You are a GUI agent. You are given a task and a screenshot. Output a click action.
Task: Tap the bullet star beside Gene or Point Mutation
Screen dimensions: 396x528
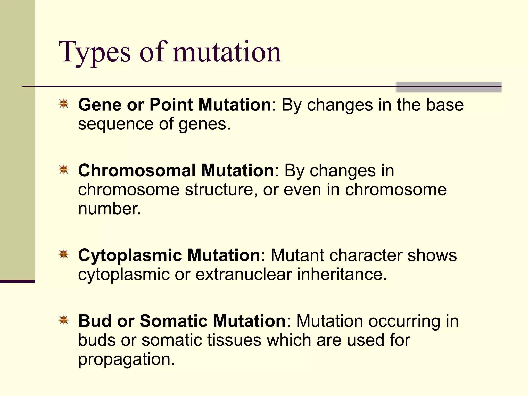point(63,104)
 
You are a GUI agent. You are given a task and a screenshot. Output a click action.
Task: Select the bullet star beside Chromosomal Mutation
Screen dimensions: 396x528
point(63,170)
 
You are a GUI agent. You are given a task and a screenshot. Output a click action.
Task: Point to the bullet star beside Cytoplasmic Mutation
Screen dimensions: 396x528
point(63,254)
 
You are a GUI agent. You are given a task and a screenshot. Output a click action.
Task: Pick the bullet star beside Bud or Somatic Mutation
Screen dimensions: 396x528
point(63,320)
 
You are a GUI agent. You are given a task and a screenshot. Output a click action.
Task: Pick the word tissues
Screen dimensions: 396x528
point(234,340)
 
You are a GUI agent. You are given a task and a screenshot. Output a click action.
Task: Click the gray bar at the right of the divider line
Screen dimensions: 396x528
point(448,87)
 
